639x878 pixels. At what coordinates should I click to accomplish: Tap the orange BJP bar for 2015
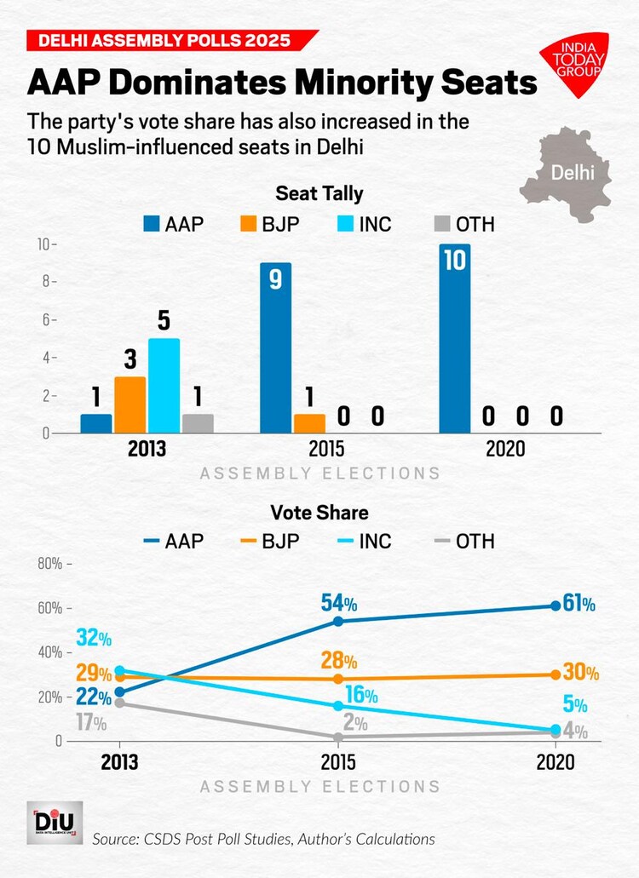tap(309, 423)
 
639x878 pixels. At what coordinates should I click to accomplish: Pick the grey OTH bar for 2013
tap(198, 423)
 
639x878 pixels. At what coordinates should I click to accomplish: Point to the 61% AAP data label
tap(579, 605)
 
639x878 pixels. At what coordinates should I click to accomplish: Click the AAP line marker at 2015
tap(338, 621)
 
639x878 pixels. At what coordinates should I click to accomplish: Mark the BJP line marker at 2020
tap(556, 674)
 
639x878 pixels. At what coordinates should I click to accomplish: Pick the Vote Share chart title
tap(319, 513)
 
